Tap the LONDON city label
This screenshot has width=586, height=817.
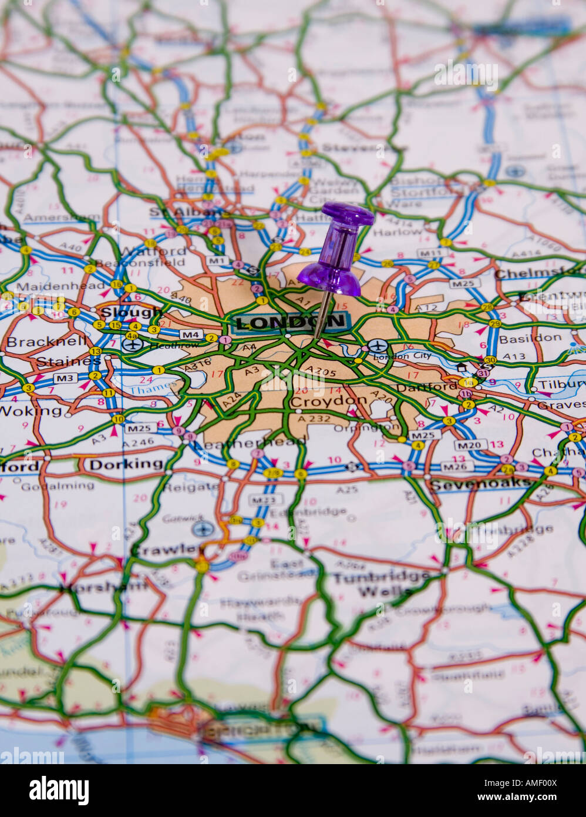(291, 322)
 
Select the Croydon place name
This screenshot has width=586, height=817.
(328, 401)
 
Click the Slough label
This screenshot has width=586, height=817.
(122, 312)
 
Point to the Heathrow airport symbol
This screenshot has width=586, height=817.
(133, 344)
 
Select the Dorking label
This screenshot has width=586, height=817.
(126, 464)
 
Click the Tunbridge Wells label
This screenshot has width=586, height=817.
(380, 584)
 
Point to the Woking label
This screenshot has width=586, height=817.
(31, 410)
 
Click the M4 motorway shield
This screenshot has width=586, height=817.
(190, 334)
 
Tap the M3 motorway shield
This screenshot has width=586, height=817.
(65, 377)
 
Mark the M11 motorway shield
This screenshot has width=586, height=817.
(429, 253)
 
